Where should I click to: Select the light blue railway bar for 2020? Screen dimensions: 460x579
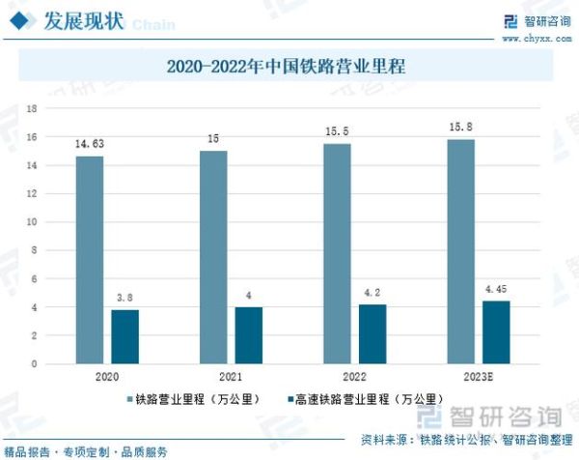89,260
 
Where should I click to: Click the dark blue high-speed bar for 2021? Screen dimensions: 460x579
248,335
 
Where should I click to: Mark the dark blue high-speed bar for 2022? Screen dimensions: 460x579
372,333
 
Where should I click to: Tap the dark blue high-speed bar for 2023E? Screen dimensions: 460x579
496,332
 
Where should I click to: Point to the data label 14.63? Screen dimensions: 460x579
89,144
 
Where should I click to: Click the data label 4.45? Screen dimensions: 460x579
496,288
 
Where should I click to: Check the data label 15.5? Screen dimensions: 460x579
337,130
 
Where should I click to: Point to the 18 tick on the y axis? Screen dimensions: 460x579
32,108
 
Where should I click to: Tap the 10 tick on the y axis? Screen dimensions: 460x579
32,222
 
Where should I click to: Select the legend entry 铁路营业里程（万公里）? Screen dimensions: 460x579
190,398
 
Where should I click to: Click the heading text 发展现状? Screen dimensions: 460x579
82,21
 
